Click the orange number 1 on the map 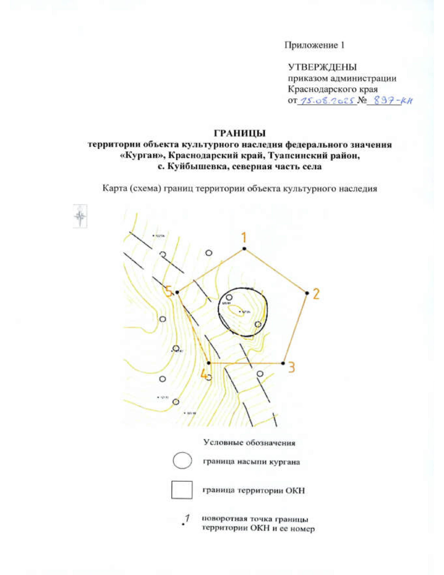click(x=243, y=237)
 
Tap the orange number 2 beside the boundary click(x=316, y=294)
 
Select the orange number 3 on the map click(x=292, y=368)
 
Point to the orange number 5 click(x=169, y=292)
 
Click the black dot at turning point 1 click(x=244, y=248)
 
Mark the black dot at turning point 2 click(x=307, y=293)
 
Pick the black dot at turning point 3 click(x=283, y=363)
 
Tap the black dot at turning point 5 click(x=177, y=292)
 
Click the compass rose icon click(x=80, y=216)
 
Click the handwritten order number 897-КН click(x=393, y=100)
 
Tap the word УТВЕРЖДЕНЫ click(x=322, y=67)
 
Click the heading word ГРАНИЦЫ click(x=240, y=133)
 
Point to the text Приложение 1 click(x=314, y=45)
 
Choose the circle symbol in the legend click(x=182, y=461)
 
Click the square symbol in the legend click(x=182, y=490)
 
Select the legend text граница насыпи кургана click(x=251, y=462)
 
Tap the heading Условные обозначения click(x=249, y=443)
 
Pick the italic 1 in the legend click(x=187, y=518)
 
